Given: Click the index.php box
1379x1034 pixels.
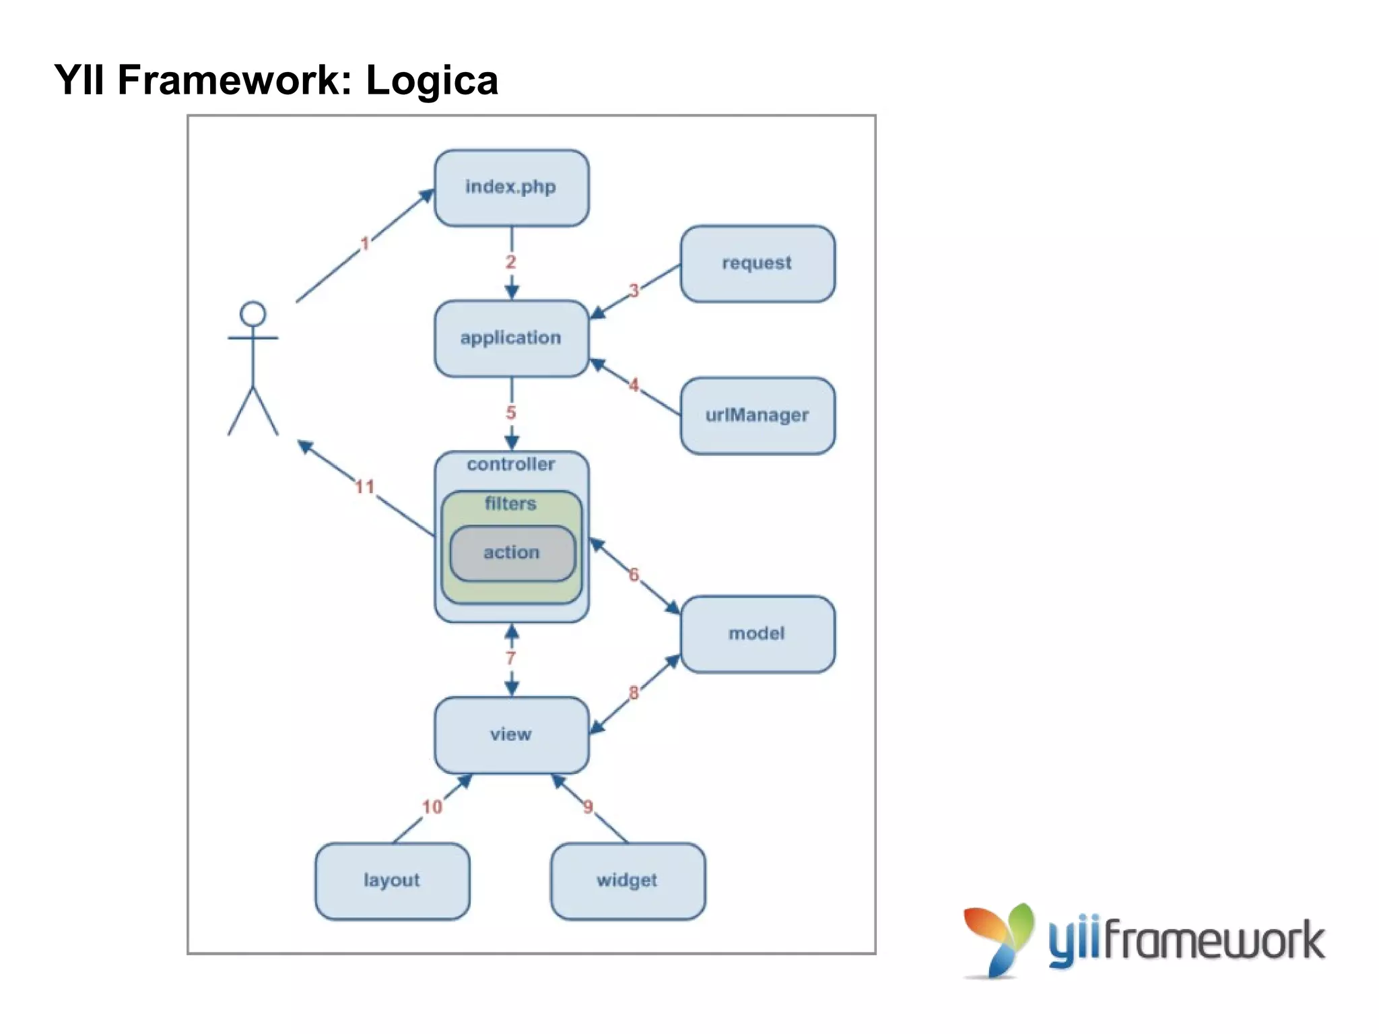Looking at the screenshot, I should (x=511, y=187).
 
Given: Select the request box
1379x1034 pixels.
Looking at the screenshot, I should (x=757, y=263).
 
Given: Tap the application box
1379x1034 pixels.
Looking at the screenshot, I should (x=511, y=338).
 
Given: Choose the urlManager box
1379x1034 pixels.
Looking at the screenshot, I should (x=757, y=415).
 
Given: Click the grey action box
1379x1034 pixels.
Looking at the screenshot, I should (x=512, y=553).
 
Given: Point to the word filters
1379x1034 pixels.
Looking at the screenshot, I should (x=510, y=504).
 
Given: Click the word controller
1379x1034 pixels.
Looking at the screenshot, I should (x=511, y=465).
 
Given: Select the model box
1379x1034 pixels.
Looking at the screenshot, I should (x=757, y=633).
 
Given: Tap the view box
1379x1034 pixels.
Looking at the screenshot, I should (x=511, y=734).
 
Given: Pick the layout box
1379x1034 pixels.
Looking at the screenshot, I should (x=392, y=880).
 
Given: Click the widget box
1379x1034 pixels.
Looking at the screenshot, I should (x=627, y=880).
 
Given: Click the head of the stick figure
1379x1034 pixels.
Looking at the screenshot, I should (x=253, y=315).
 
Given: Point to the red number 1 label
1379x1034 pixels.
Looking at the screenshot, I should (x=365, y=243).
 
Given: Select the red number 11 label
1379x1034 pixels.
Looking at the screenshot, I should (x=365, y=486).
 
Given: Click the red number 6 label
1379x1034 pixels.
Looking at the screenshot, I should (x=634, y=575).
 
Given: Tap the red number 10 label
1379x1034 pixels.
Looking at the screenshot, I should (x=432, y=806).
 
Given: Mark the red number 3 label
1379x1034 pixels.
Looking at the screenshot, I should (x=634, y=291).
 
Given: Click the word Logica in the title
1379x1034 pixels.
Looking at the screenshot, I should (x=432, y=81).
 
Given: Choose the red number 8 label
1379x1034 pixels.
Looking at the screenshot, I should (x=634, y=692).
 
